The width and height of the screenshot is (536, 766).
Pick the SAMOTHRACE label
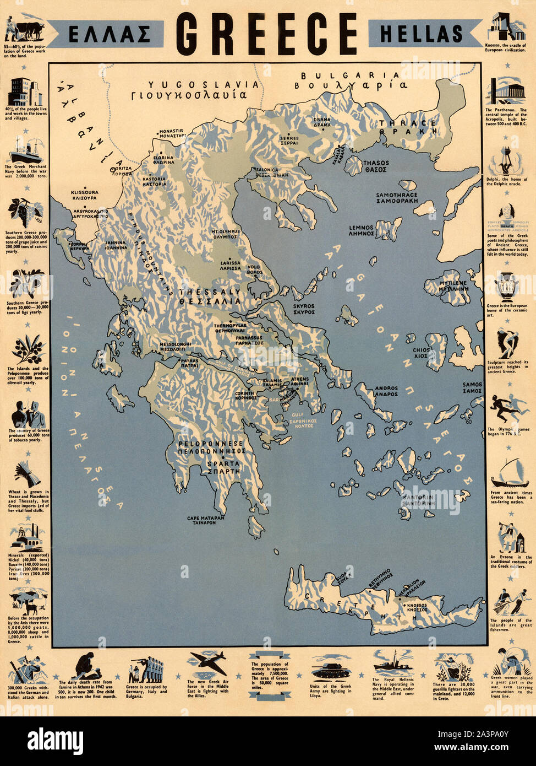[x=397, y=195]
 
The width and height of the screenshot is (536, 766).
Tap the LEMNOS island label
[x=361, y=228]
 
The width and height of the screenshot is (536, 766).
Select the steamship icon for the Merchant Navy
[x=25, y=149]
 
